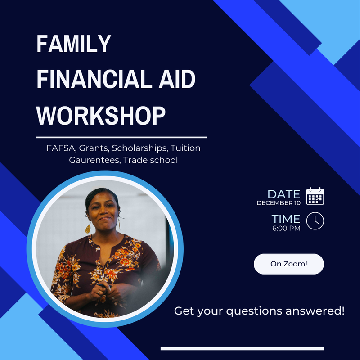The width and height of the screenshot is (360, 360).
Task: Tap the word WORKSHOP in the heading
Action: pos(101,115)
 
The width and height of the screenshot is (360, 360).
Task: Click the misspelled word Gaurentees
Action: pos(94,160)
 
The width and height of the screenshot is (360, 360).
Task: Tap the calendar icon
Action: pos(315,197)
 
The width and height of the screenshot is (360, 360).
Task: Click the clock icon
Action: pos(315,220)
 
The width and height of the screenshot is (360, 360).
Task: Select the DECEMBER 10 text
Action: pos(278,203)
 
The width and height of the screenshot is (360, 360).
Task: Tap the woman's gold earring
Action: pos(88,228)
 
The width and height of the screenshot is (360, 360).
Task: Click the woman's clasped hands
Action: pos(104,292)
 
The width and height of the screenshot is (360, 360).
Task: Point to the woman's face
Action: pos(102,211)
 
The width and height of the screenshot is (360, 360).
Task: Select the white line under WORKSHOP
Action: pos(121,137)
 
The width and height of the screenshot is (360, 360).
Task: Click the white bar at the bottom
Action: pos(242,348)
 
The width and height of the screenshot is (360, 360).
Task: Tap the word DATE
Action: pos(283,194)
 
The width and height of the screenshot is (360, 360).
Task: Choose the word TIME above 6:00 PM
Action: pos(286,219)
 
